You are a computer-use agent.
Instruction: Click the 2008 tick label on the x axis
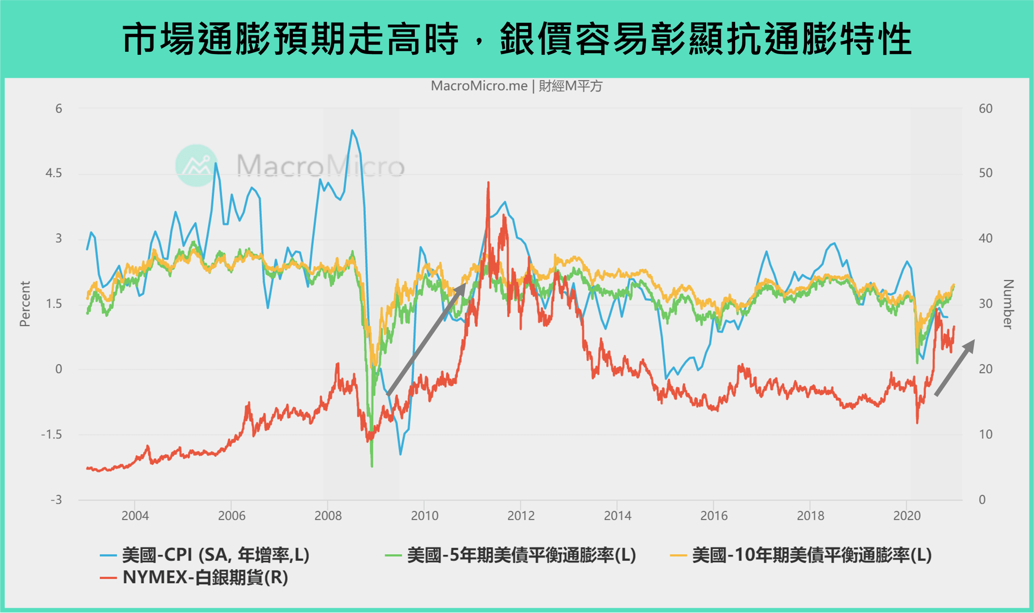(328, 516)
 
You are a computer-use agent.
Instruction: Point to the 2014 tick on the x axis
(617, 516)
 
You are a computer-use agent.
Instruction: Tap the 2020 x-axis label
(907, 516)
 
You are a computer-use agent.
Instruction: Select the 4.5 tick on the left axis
(54, 173)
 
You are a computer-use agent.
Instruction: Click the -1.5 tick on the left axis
(52, 435)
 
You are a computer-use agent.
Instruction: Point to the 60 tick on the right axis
(985, 109)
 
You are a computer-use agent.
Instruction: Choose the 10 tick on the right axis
(985, 435)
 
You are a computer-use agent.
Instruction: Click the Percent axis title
(25, 303)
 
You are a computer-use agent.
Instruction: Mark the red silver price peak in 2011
(488, 183)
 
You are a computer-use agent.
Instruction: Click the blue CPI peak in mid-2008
(352, 130)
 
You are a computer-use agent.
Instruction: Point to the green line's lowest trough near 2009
(372, 466)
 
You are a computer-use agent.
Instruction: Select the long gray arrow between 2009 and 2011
(426, 340)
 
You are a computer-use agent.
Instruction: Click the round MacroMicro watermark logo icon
(196, 165)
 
